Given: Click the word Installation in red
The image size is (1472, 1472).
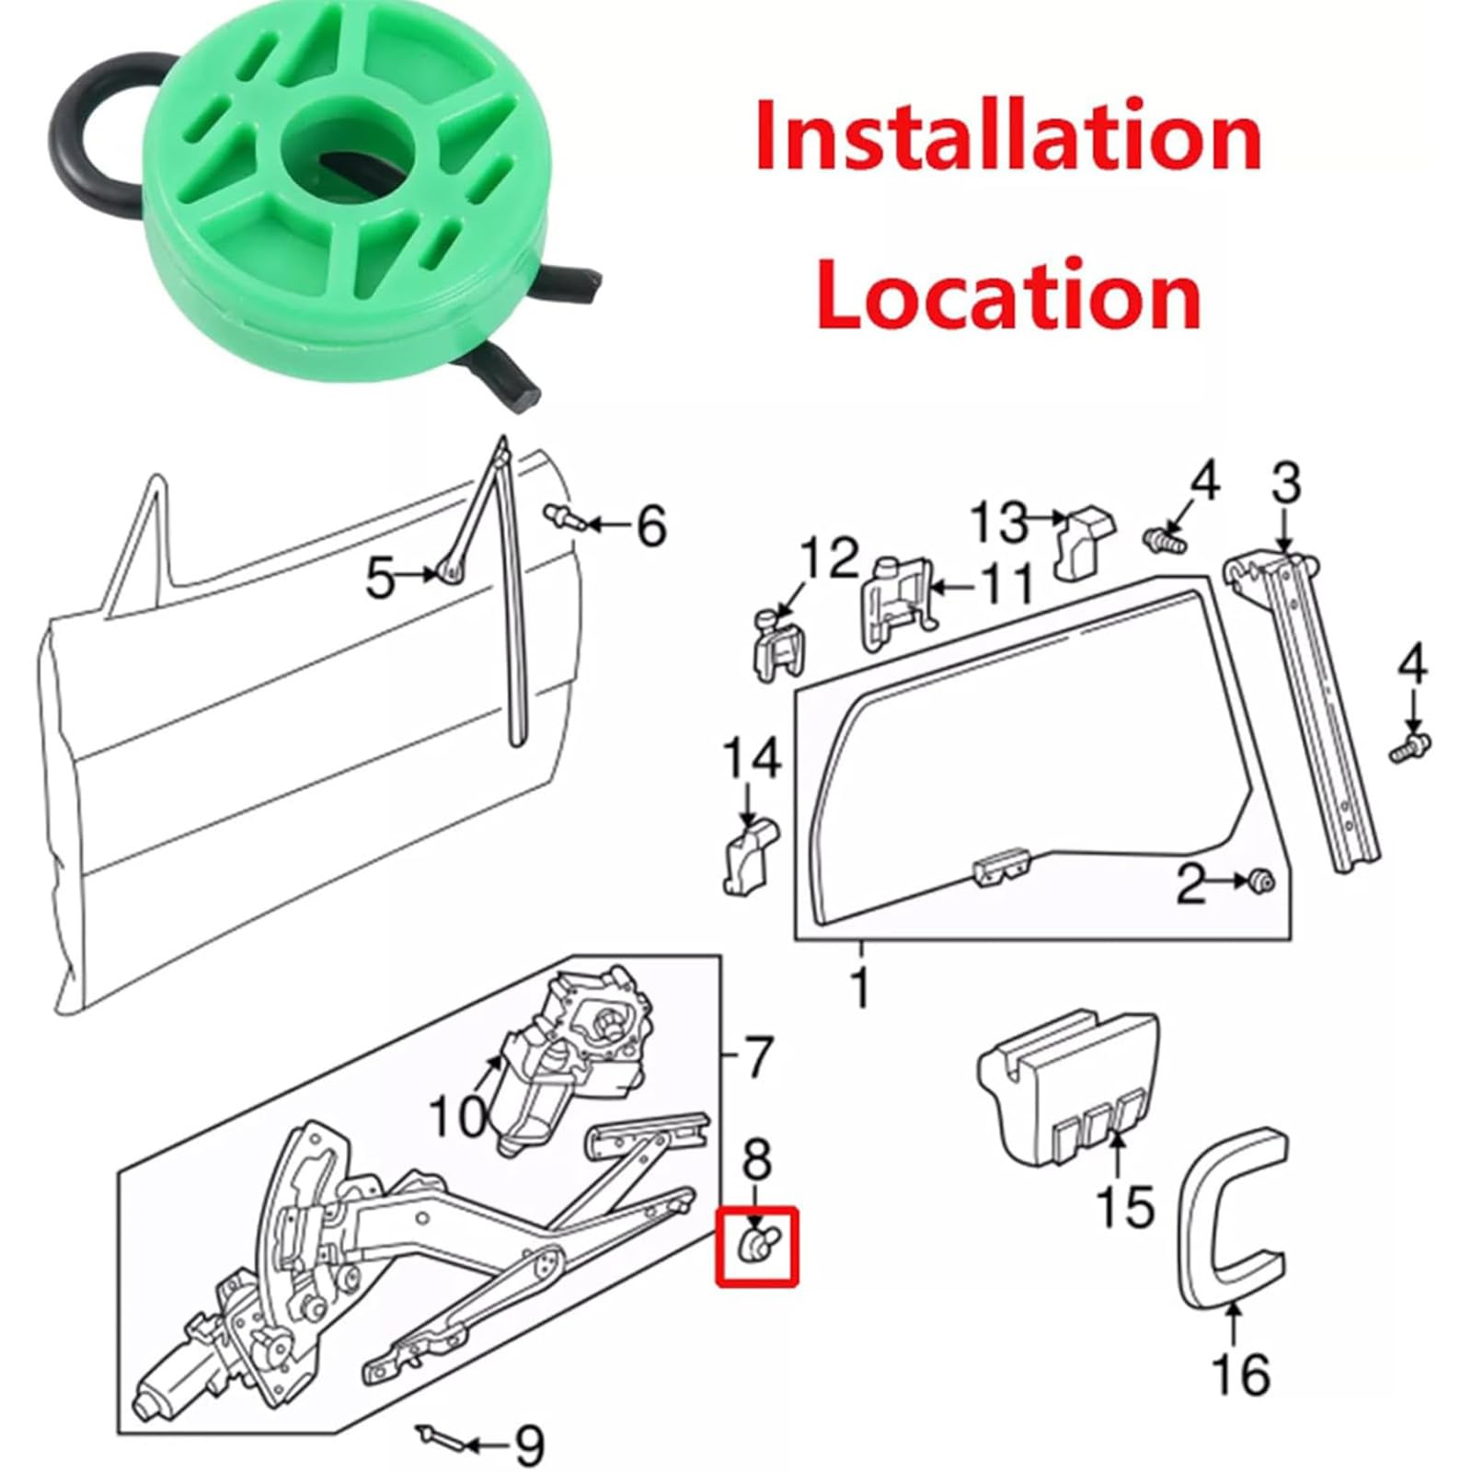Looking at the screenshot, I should tap(1007, 135).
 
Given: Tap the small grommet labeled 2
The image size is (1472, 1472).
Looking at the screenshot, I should tap(1261, 881).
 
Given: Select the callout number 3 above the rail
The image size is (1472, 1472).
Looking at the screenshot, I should tap(1285, 485).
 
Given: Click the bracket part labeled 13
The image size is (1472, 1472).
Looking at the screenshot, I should tap(1084, 546).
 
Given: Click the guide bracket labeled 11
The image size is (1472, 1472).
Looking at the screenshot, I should tap(897, 602).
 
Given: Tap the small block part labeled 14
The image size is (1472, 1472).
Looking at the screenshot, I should tap(749, 856).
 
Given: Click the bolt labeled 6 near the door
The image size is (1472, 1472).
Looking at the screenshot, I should tap(565, 516).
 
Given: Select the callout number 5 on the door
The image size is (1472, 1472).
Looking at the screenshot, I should tap(381, 580).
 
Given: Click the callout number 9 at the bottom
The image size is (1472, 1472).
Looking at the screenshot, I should tap(527, 1445).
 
